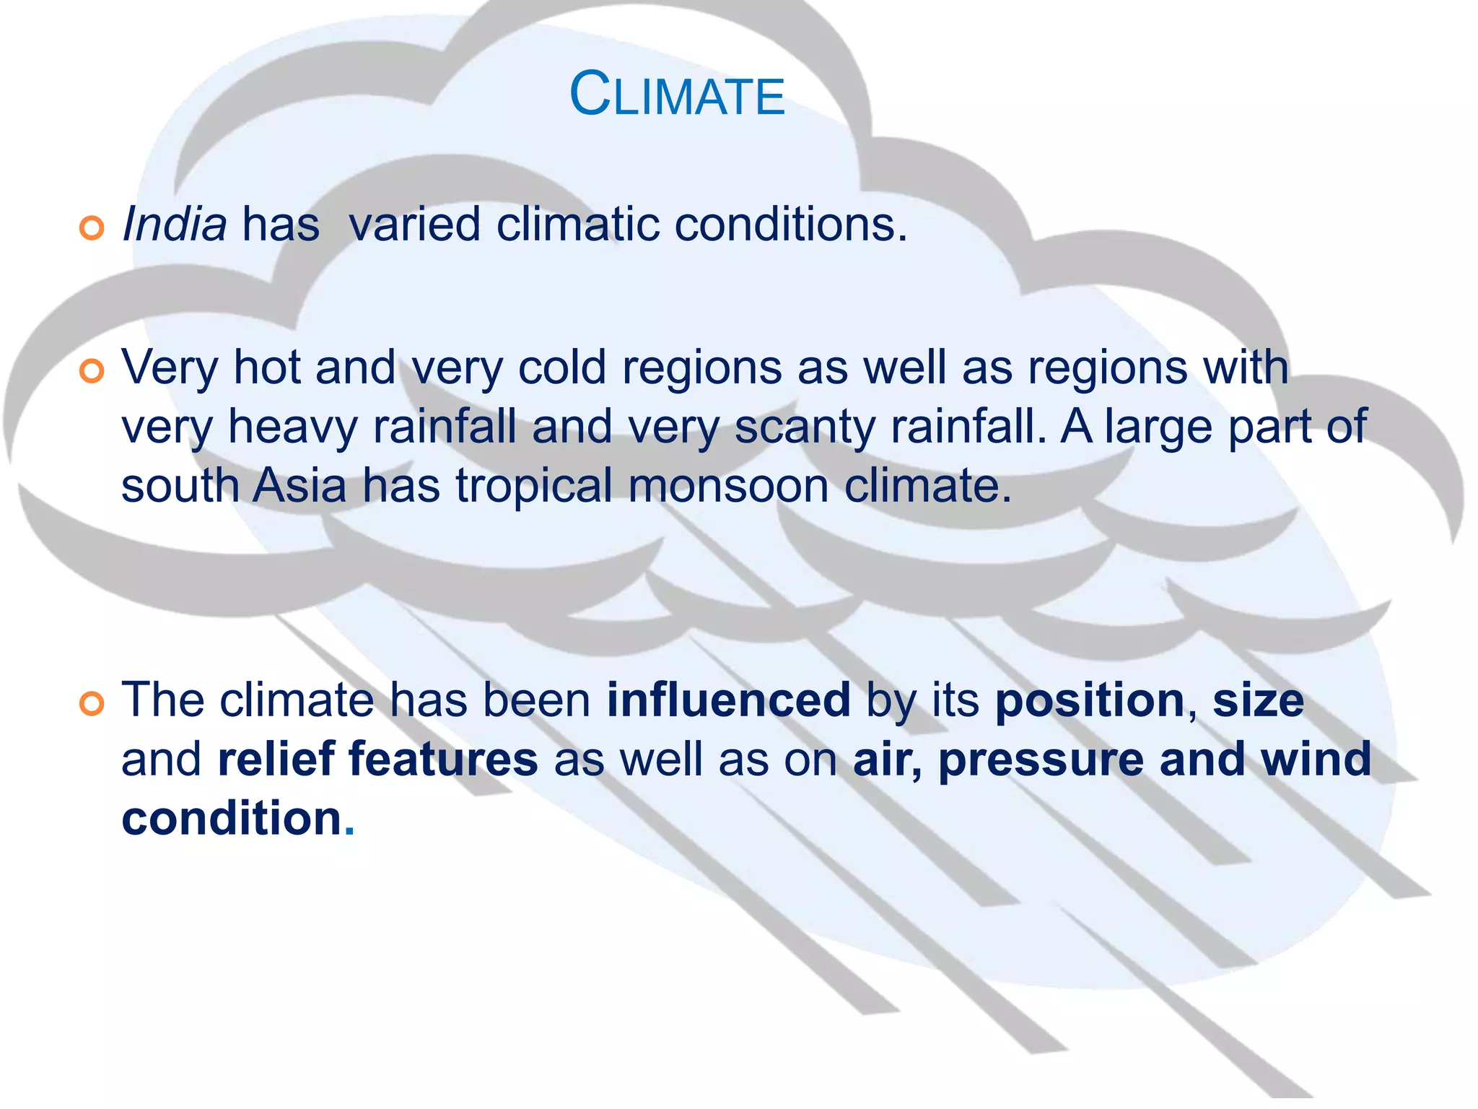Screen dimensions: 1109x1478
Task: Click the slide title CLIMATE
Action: pyautogui.click(x=677, y=95)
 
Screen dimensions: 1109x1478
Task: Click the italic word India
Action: pyautogui.click(x=175, y=225)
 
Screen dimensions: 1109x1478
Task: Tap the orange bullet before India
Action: pyautogui.click(x=92, y=228)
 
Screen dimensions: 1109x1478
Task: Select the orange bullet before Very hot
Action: pyautogui.click(x=92, y=372)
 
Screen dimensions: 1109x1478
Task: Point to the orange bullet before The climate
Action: pyautogui.click(x=92, y=703)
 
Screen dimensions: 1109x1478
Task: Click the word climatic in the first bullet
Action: pyautogui.click(x=577, y=225)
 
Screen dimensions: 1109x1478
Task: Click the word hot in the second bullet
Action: pyautogui.click(x=266, y=368)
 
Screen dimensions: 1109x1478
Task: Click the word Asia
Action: pyautogui.click(x=299, y=486)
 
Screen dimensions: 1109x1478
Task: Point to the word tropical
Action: pyautogui.click(x=534, y=486)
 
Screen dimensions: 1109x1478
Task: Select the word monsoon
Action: pyautogui.click(x=728, y=486)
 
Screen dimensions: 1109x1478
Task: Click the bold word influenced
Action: pyautogui.click(x=728, y=700)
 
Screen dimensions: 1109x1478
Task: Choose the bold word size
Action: pyautogui.click(x=1258, y=700)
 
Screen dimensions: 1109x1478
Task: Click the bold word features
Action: pyautogui.click(x=443, y=760)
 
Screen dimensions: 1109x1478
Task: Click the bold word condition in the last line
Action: pyautogui.click(x=231, y=819)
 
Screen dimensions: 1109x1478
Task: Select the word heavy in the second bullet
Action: pyautogui.click(x=292, y=427)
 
